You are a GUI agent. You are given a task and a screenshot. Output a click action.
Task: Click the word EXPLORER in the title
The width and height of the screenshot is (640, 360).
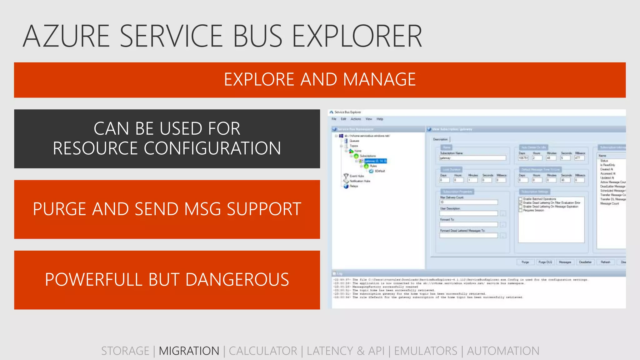click(x=357, y=36)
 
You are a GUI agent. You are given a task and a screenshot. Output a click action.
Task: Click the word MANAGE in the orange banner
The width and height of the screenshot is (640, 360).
click(x=379, y=79)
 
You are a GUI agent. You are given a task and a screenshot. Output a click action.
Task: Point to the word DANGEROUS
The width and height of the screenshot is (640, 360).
click(x=237, y=280)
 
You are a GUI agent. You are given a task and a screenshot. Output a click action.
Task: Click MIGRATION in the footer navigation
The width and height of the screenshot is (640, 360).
click(x=189, y=351)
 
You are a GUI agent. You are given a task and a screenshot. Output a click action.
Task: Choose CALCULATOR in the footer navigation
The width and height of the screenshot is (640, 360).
click(x=263, y=351)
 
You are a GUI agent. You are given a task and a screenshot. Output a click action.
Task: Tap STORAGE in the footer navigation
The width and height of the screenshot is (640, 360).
click(x=125, y=351)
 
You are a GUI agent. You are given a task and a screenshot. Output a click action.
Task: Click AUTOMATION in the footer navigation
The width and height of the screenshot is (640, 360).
click(x=503, y=351)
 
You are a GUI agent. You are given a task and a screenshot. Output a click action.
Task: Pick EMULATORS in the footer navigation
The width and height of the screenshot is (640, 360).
click(x=425, y=351)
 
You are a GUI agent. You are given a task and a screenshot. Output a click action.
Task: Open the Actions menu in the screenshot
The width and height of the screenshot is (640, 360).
click(x=356, y=119)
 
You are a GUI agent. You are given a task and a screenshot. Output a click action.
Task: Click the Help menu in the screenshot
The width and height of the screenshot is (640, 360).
click(x=380, y=119)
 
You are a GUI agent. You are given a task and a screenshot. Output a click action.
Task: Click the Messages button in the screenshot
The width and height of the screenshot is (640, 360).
click(x=565, y=262)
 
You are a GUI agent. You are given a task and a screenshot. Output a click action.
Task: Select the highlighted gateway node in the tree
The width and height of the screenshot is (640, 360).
click(x=375, y=161)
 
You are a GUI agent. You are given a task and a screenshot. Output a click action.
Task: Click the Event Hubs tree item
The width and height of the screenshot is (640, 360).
click(x=357, y=176)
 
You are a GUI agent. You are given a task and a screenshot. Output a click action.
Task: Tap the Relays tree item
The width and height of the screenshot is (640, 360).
click(x=353, y=186)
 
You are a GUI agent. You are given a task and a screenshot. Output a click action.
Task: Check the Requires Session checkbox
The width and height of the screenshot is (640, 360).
click(x=521, y=210)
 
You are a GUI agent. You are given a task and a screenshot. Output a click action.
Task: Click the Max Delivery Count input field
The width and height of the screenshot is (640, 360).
click(x=468, y=202)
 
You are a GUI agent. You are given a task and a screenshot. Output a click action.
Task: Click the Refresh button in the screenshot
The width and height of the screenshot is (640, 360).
click(x=605, y=262)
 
